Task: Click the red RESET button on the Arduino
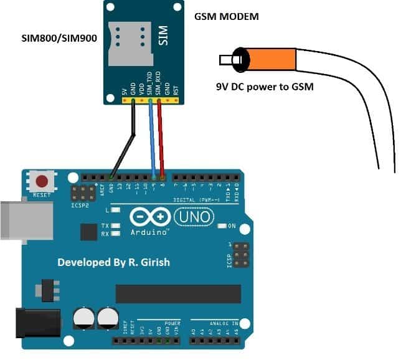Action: tap(42, 182)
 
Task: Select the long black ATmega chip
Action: tap(177, 293)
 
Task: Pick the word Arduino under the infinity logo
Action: tap(149, 232)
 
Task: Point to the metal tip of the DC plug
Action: tap(225, 60)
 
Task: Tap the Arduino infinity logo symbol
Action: tap(150, 216)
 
